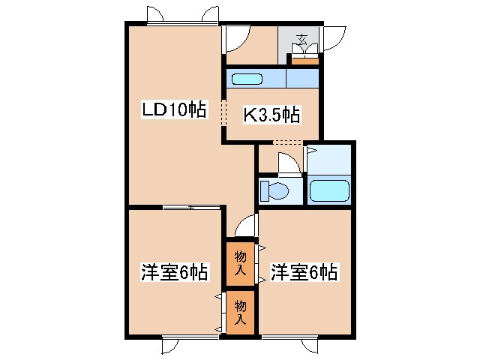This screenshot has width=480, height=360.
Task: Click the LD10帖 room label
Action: (x=175, y=109)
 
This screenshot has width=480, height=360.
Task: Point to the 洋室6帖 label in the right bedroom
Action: (x=304, y=271)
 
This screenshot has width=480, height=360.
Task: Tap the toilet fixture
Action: (x=274, y=190)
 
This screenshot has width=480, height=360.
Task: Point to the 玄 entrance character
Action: (x=303, y=39)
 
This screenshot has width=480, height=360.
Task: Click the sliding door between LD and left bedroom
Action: (x=192, y=205)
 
